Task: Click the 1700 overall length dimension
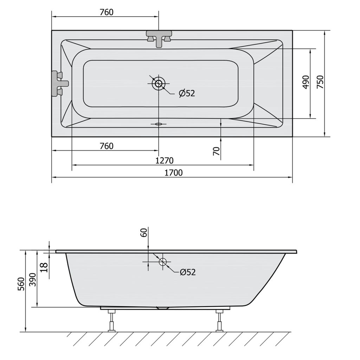click(x=174, y=173)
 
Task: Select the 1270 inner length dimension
click(x=165, y=160)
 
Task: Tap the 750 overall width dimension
click(x=320, y=82)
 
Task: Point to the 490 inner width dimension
click(x=306, y=82)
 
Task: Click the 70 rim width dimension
click(x=216, y=151)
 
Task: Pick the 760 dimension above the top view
click(x=107, y=12)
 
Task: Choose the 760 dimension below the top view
click(x=107, y=146)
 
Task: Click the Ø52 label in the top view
click(x=187, y=93)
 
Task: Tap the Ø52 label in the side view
click(x=188, y=272)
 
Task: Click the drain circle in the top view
click(x=159, y=83)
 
